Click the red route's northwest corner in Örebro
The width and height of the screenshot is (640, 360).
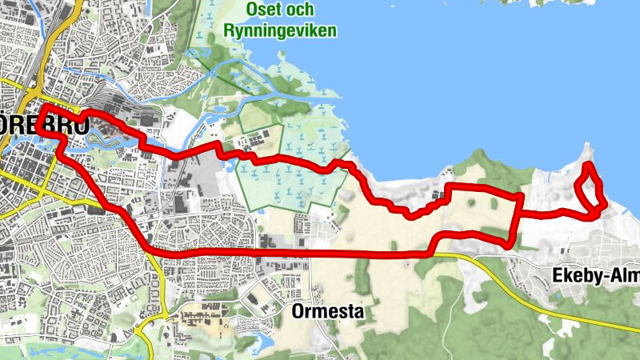tap(41, 107)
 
